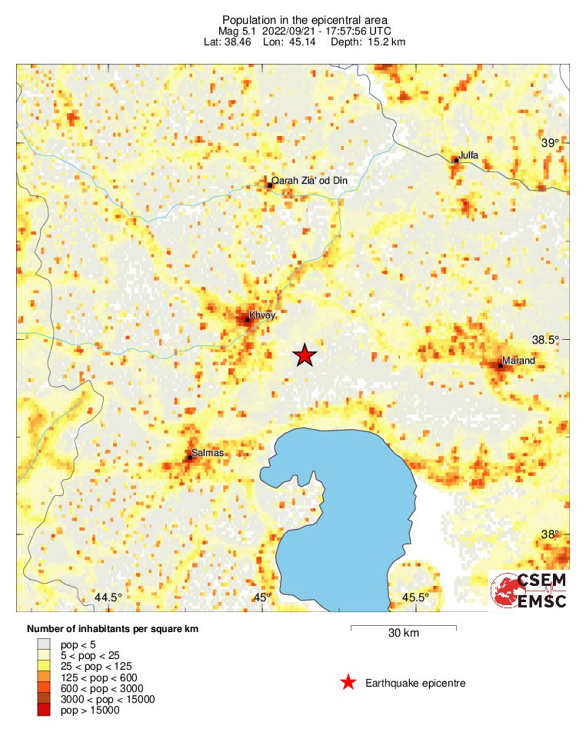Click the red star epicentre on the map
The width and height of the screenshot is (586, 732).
[x=305, y=354]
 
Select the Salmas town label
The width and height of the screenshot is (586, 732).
[x=208, y=453]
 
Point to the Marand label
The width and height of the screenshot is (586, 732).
[x=518, y=361]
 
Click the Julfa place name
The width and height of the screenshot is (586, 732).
[x=468, y=155]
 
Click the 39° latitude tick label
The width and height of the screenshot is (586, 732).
[x=550, y=143]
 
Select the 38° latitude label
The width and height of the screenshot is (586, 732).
[x=550, y=535]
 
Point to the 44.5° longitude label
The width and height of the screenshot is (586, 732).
[x=108, y=597]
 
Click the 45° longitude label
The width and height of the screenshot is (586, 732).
[x=262, y=597]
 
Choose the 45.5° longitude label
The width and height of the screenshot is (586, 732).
[x=415, y=597]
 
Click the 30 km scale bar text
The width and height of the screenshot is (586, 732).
[x=403, y=634]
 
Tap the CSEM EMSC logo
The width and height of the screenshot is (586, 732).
[x=529, y=591]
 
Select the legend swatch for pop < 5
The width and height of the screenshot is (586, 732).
[x=43, y=644]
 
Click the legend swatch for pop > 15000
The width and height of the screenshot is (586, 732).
[x=43, y=710]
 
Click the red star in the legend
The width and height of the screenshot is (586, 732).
[x=348, y=682]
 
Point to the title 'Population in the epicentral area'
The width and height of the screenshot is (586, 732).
[x=294, y=19]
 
